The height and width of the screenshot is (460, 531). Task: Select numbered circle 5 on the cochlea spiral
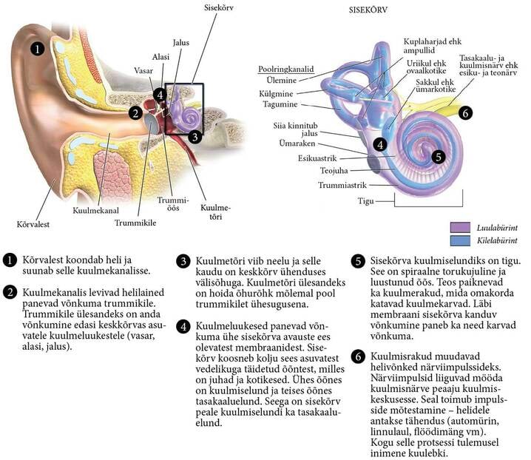click(439, 156)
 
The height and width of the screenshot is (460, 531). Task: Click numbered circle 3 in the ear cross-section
click(194, 136)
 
